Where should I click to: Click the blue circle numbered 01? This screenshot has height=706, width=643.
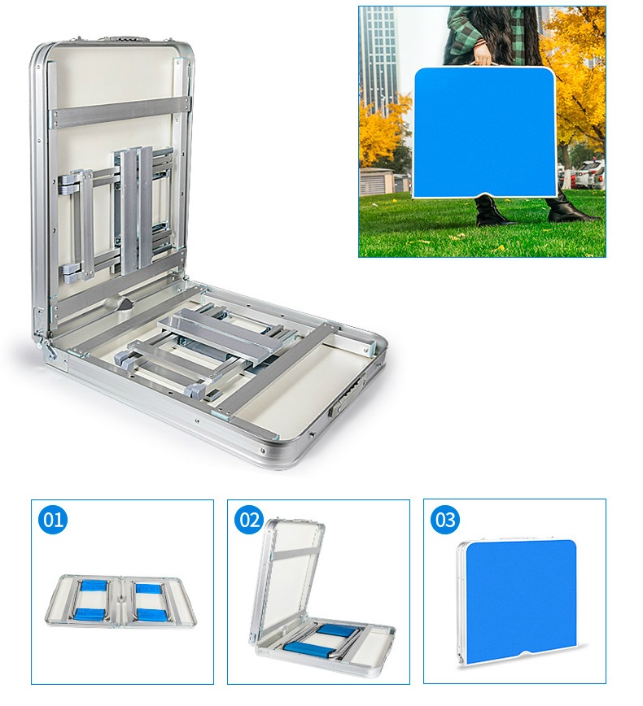point(53,520)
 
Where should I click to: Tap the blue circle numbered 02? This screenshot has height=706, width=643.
point(249,520)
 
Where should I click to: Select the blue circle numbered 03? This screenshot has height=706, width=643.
point(445,520)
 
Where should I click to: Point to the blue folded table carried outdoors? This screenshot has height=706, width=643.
point(484,133)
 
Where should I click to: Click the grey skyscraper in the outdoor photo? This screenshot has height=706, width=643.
point(378,59)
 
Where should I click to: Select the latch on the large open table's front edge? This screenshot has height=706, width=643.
point(347,395)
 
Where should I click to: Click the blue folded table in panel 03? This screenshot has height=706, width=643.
point(519,601)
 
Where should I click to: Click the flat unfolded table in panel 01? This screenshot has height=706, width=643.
point(120,601)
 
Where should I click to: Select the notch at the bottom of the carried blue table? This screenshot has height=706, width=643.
point(485,195)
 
